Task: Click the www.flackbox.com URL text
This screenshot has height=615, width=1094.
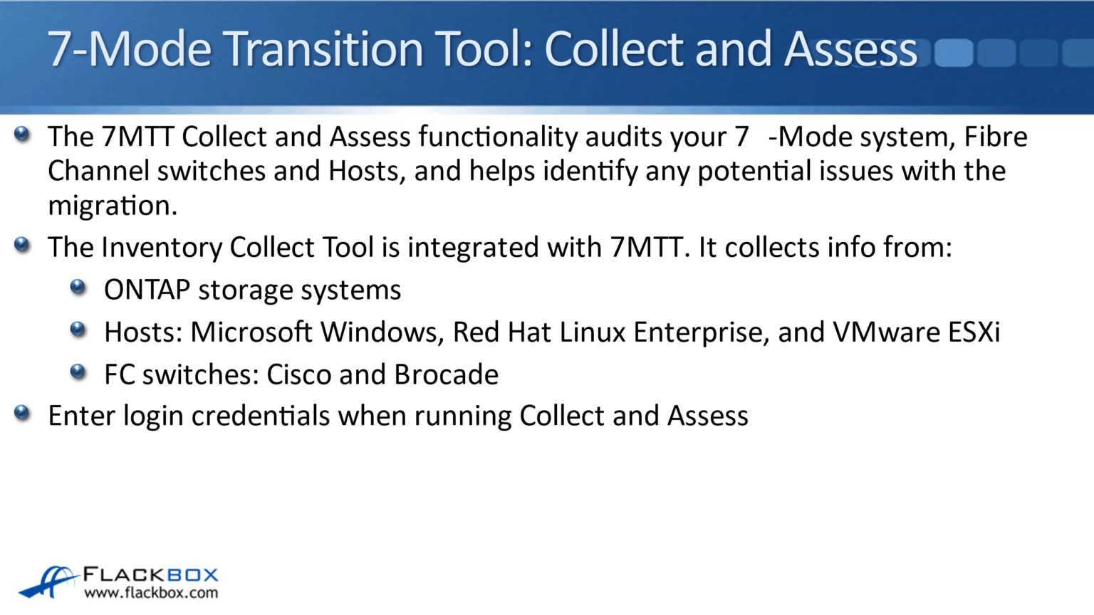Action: tap(151, 593)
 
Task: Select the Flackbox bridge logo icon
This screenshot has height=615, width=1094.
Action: tap(48, 582)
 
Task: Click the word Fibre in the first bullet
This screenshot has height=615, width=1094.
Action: tap(996, 137)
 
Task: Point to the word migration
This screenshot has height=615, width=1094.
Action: tap(113, 206)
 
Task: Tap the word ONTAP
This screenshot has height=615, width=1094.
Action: tap(147, 290)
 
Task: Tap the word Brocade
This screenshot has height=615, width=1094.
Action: tap(447, 375)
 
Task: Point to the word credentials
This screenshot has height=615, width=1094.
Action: tap(261, 416)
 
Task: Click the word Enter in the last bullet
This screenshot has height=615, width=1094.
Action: tap(82, 416)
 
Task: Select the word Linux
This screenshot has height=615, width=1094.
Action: tap(593, 332)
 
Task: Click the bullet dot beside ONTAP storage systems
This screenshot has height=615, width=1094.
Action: tap(78, 287)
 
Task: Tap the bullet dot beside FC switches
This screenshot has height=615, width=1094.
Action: tap(78, 372)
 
